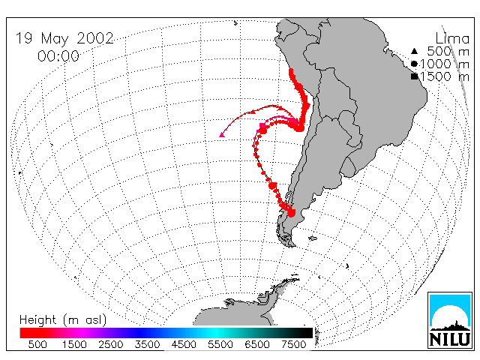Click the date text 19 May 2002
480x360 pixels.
click(64, 38)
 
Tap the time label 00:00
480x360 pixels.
click(58, 56)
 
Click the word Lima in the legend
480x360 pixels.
click(452, 39)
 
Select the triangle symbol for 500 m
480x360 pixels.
click(414, 51)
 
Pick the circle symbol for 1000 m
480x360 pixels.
click(414, 64)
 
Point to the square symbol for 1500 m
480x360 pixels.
click(414, 76)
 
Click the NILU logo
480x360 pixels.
click(450, 320)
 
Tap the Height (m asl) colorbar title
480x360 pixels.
click(63, 320)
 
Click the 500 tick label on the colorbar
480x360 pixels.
click(37, 345)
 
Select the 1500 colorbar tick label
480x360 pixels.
click(74, 345)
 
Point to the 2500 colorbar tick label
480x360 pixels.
click(111, 345)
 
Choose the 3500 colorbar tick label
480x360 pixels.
click(147, 345)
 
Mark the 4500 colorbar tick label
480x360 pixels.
click(184, 345)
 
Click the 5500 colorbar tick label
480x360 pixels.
click(220, 345)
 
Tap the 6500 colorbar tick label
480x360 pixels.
click(257, 345)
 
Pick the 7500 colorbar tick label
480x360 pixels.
click(293, 345)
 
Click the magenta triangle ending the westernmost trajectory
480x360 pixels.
click(222, 135)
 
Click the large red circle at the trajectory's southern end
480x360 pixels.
click(291, 213)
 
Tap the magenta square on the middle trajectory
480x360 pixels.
click(262, 125)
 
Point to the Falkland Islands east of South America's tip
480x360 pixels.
click(312, 238)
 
